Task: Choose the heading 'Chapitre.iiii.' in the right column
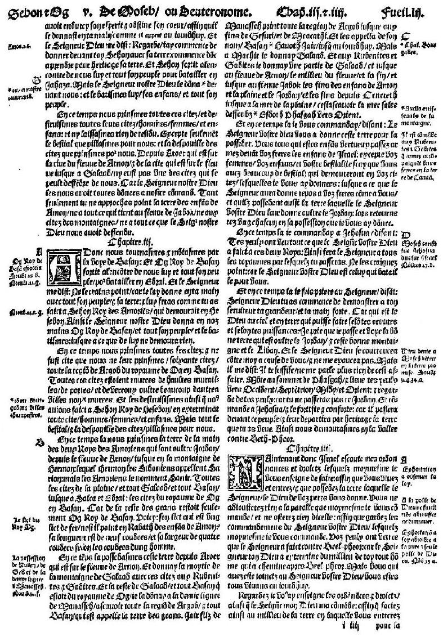click(307, 446)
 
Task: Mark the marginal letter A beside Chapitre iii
click(39, 251)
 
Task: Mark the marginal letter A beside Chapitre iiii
click(404, 459)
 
